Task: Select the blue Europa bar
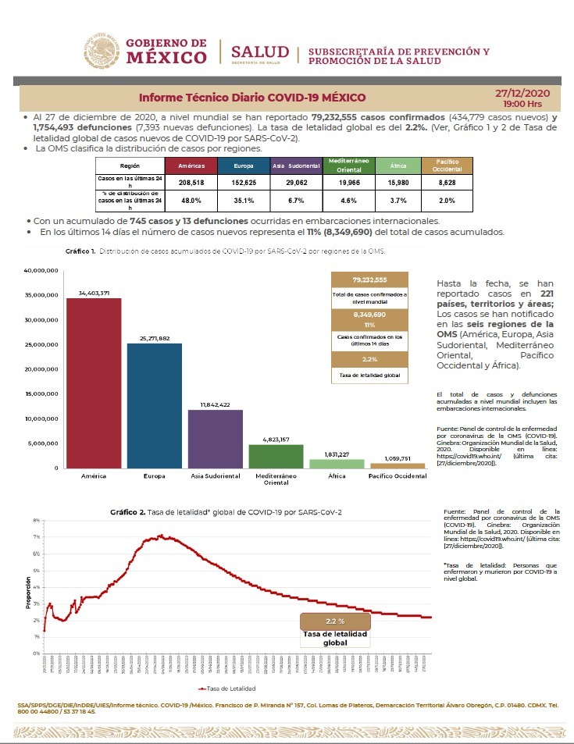coord(155,405)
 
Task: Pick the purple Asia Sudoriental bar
coord(216,438)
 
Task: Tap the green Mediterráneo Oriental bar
coord(276,456)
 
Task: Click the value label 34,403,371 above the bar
coord(94,293)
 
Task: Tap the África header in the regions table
coord(398,166)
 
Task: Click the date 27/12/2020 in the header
coord(522,93)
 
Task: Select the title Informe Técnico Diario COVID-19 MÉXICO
coord(252,98)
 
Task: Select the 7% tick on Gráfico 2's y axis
coord(37,537)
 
